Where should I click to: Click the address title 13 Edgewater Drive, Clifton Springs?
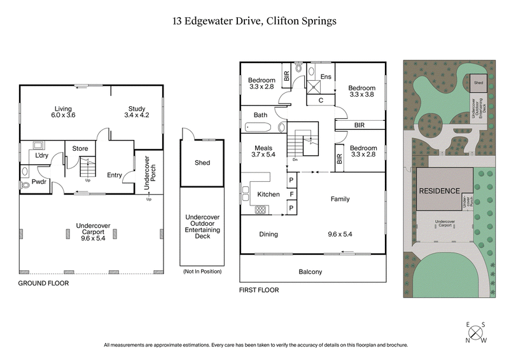[254, 21]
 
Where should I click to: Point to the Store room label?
[80, 149]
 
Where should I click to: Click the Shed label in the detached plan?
[202, 163]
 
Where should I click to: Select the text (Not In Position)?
[202, 272]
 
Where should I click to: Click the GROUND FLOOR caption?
[43, 283]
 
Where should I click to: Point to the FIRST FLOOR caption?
[259, 290]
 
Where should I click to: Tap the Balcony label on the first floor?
[311, 272]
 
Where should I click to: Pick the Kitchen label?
[268, 194]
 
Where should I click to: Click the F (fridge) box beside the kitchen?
[291, 193]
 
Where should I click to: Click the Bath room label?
[260, 115]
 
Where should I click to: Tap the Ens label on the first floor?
[326, 77]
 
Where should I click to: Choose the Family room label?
[340, 199]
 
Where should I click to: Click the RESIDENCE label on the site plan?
[438, 191]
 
